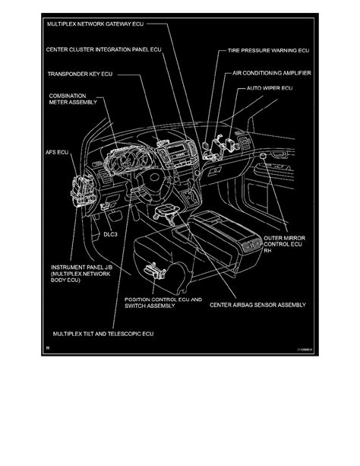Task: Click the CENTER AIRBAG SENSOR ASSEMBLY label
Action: point(258,306)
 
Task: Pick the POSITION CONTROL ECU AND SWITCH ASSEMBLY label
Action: point(163,303)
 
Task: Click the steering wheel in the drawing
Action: point(149,180)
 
